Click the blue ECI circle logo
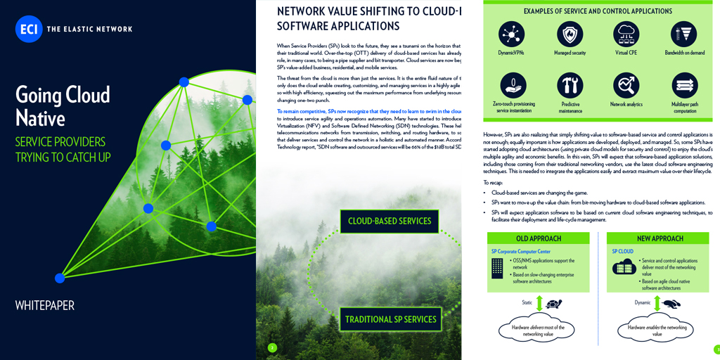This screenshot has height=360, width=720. point(29,29)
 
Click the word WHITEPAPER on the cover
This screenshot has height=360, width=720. point(45,305)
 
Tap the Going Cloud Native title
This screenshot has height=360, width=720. point(63,105)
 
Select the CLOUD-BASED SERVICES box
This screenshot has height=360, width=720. point(390,221)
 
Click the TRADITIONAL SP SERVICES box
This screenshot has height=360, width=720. point(390,319)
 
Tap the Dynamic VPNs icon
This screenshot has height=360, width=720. point(512,33)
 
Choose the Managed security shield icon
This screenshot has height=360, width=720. point(570,33)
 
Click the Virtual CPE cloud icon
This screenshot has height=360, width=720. point(626,33)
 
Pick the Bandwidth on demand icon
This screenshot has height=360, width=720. point(683,33)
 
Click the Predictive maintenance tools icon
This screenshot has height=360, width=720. point(570,85)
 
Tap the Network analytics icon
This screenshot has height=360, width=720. point(626,85)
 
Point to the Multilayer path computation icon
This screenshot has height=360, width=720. point(683,85)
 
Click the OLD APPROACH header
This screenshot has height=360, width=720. point(539,238)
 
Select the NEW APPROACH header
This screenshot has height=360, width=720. point(660,238)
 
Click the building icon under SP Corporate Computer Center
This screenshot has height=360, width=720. point(498,268)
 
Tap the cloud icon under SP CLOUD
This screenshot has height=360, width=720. point(624,267)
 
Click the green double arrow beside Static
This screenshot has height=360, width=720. point(539,303)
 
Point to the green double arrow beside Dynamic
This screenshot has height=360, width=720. point(657,303)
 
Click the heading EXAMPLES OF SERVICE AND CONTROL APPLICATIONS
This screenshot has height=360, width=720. point(598,11)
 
